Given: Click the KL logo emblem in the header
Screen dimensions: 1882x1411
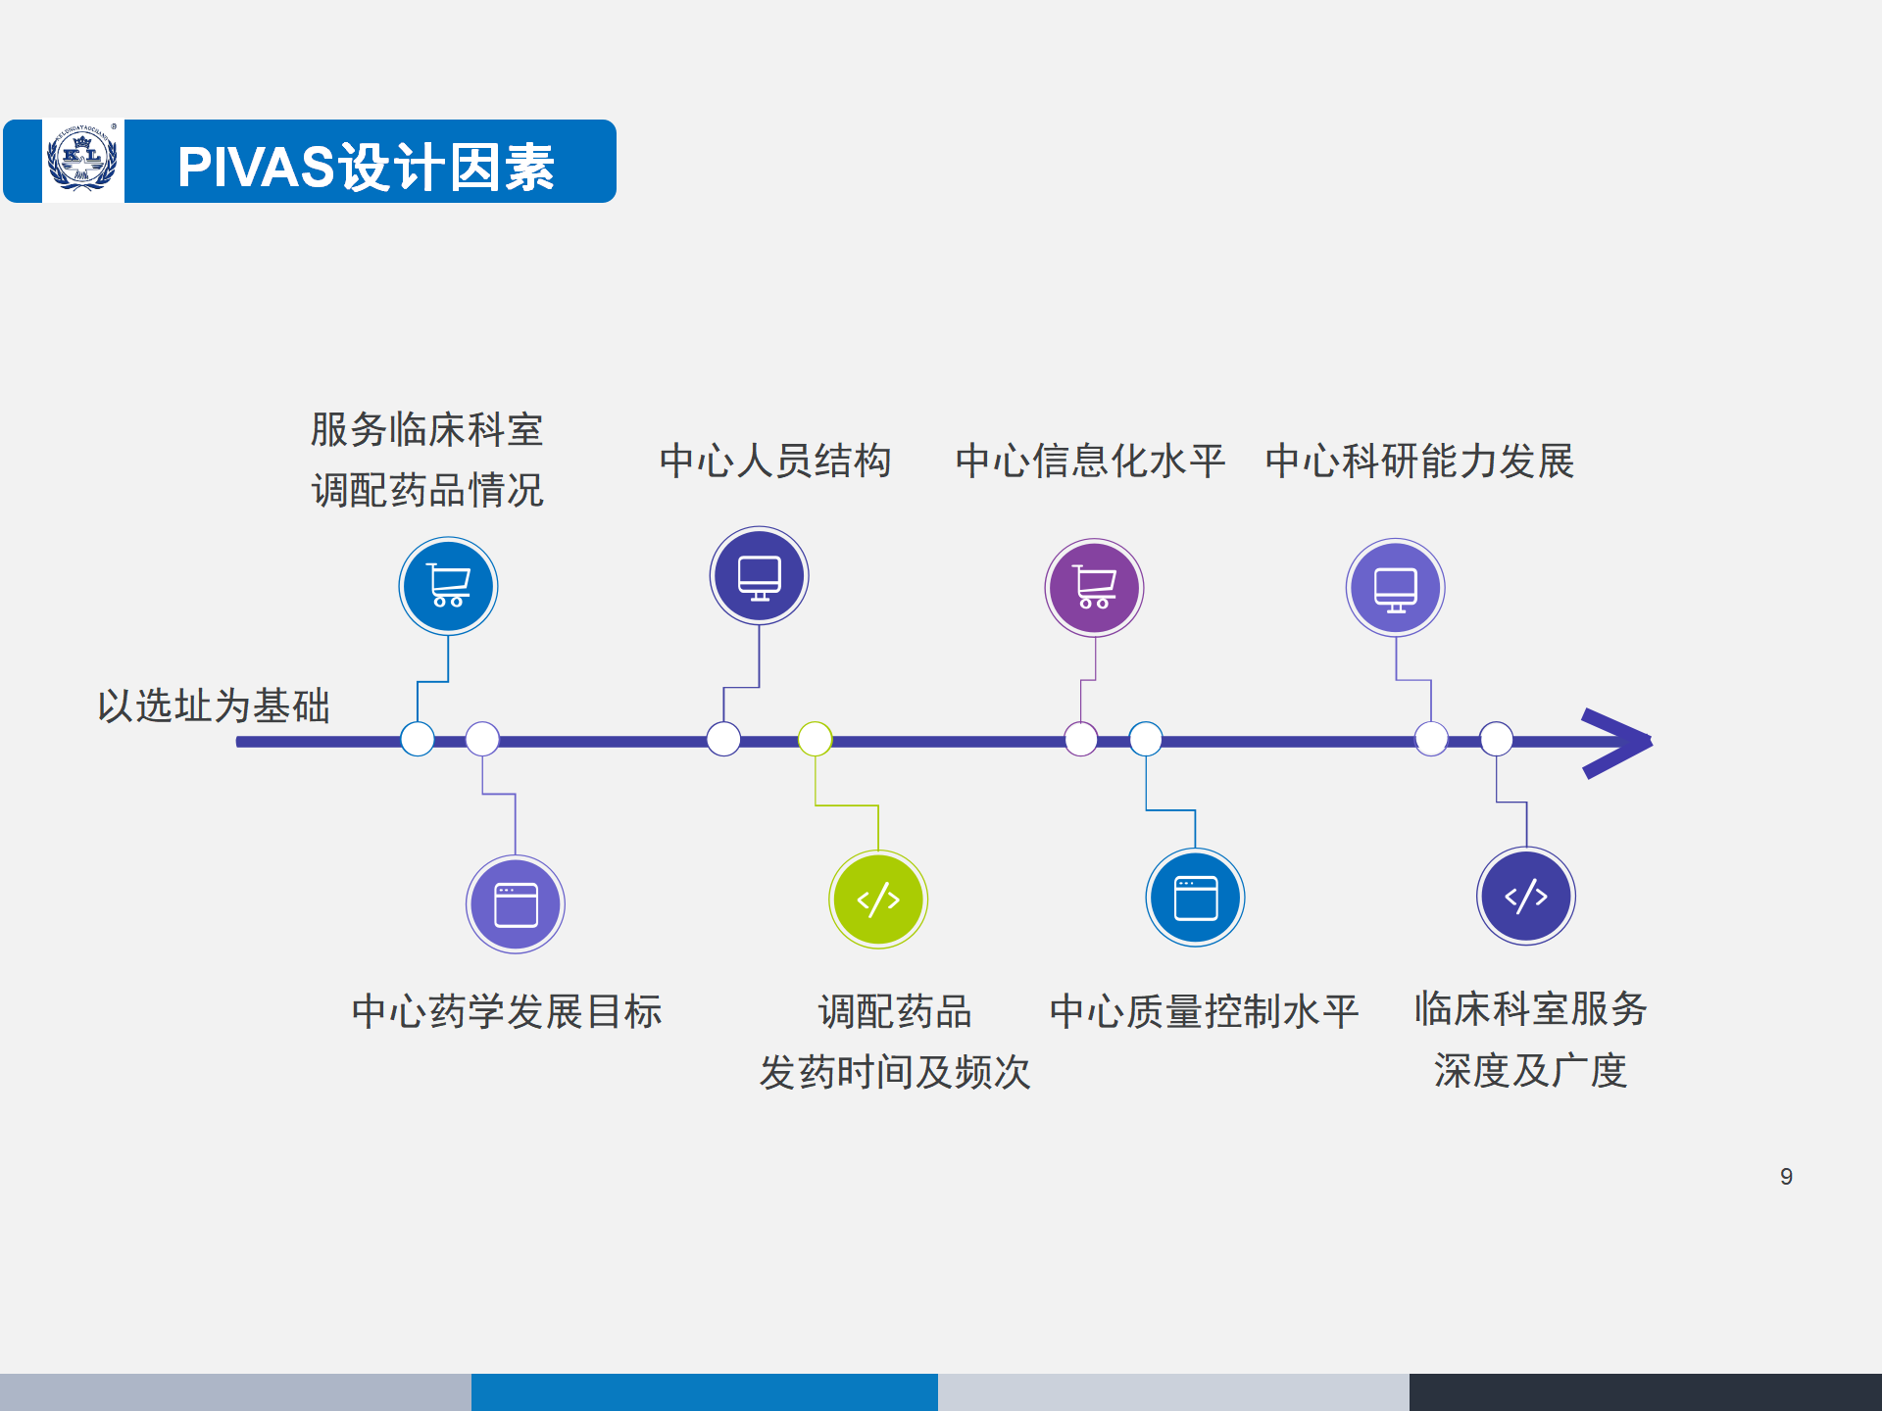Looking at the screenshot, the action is coord(83,161).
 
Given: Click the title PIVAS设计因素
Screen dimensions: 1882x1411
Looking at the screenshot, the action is coord(366,167).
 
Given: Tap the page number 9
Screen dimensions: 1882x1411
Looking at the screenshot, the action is coord(1786,1177).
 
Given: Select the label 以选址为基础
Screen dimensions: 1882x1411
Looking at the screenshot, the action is coord(214,705).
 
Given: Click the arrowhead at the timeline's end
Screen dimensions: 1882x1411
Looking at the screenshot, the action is coord(1617,743).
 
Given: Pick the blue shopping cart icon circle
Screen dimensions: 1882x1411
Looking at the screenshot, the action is coord(448,586).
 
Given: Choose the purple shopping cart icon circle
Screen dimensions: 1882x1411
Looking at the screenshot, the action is coord(1094,588).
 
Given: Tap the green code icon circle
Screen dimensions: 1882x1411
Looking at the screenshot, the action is coord(878,900).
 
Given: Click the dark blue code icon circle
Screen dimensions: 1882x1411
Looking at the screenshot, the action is coord(1526,896).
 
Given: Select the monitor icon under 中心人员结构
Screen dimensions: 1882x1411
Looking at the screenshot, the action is coord(759,576).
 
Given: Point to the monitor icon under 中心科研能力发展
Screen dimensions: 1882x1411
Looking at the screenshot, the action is coord(1395,588).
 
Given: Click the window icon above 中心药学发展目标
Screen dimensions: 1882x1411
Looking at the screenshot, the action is coord(516,904).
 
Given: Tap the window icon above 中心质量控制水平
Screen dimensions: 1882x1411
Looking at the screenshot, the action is coord(1195,898).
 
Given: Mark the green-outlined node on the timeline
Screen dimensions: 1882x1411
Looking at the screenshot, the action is coord(815,739).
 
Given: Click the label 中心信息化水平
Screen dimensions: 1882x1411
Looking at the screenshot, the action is coord(1090,461).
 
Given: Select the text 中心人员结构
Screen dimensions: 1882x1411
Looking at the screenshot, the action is coord(775,461).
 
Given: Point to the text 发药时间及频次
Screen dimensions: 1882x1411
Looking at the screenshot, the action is coord(895,1072).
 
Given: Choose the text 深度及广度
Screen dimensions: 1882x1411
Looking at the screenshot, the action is coord(1530,1070).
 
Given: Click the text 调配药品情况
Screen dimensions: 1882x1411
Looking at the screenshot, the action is coord(427,490).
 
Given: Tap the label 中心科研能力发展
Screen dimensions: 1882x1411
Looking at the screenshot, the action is coord(1419,461).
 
